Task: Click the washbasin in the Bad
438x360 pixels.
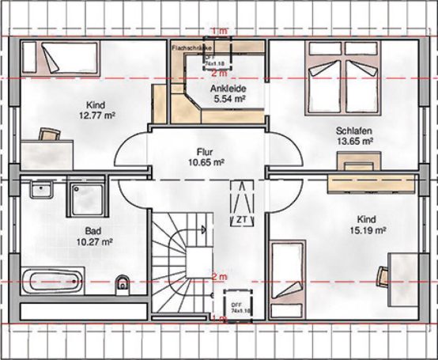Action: (x=40, y=191)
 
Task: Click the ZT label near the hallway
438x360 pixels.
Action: (x=238, y=218)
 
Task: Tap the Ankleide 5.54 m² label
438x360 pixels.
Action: (x=228, y=96)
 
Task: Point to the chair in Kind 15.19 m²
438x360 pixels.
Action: (x=382, y=276)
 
